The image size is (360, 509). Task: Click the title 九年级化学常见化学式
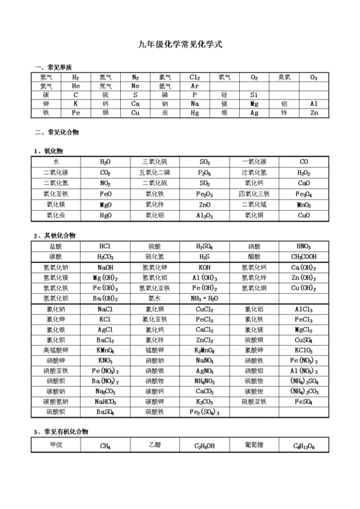point(180,45)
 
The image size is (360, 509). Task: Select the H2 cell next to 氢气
point(76,77)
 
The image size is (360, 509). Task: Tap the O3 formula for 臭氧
point(313,77)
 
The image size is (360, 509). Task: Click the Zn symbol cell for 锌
point(313,113)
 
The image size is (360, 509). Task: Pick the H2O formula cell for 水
point(105,162)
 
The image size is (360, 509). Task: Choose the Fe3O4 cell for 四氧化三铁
point(304,194)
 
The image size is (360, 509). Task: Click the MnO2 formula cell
point(304,204)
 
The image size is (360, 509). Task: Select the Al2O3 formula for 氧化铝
point(204,215)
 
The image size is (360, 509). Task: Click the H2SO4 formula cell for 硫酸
point(204,246)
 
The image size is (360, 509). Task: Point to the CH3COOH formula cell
point(304,257)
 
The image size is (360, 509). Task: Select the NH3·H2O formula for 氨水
point(204,298)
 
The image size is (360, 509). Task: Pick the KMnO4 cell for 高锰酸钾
point(105,350)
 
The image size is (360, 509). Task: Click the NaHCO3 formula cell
point(105,402)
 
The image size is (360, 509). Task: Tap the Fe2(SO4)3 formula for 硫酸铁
point(204,413)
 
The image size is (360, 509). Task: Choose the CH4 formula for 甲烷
point(105,446)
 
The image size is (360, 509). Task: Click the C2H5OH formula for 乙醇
point(204,446)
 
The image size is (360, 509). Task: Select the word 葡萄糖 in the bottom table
point(254,445)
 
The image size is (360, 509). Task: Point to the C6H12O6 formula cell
point(304,446)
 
